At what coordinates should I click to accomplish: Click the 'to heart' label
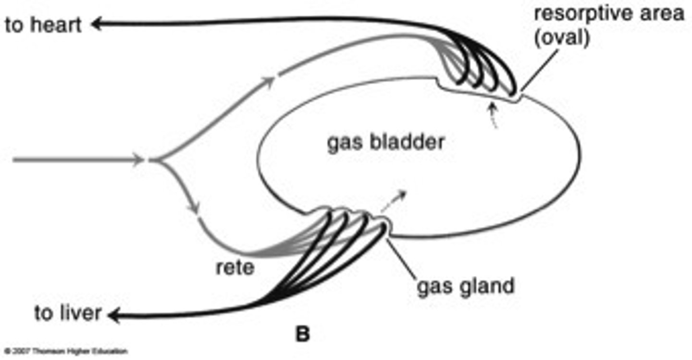click(43, 25)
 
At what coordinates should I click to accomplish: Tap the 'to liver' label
click(68, 313)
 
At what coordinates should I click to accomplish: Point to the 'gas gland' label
click(465, 286)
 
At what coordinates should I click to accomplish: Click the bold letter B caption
click(302, 335)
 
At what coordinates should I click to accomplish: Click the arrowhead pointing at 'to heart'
click(98, 24)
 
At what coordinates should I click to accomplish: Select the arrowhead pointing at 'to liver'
click(114, 316)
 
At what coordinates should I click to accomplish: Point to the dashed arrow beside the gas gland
click(394, 200)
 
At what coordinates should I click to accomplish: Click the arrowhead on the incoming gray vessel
click(141, 160)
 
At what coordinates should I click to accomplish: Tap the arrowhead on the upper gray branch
click(270, 80)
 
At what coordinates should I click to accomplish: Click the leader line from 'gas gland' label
click(402, 257)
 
